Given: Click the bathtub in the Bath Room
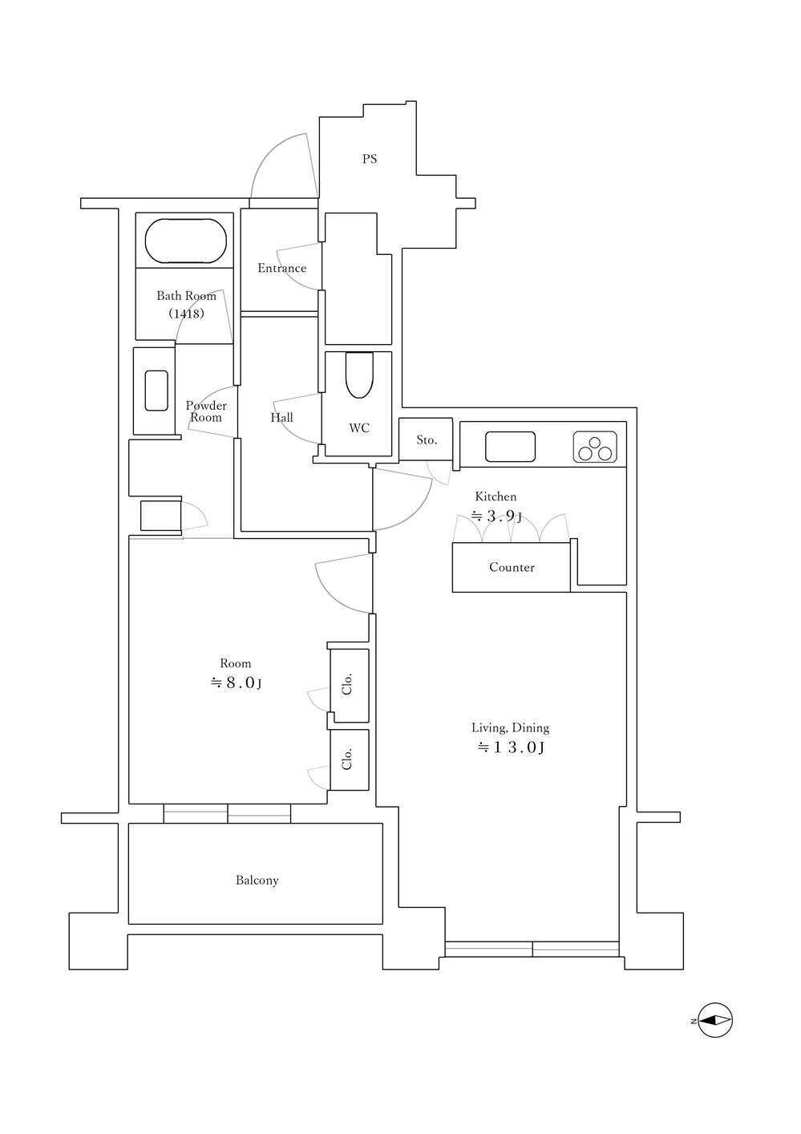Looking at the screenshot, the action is coord(186,241).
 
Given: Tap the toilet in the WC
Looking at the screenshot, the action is coord(359,375).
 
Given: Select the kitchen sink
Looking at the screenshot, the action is coord(510,447).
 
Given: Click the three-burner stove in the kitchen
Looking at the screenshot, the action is coord(595,447).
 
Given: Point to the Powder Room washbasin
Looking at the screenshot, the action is coord(156,391).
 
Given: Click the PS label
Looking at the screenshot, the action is coord(370,159).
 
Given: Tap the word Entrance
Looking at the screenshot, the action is coord(282,268).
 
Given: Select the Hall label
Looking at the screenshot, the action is coord(282,418).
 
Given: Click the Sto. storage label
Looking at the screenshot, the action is coord(427,440).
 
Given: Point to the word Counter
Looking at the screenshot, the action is coord(512,567).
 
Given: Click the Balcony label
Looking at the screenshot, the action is coord(257,881).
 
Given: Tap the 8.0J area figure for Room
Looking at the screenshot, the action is coord(236,683).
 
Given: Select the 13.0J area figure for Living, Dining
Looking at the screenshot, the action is coord(511,747).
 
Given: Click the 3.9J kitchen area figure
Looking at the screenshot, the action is coord(496,516).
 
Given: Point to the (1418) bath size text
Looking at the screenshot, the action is coord(186,314).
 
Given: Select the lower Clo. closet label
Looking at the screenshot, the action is coord(347,759).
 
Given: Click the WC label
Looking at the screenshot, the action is coord(359,428).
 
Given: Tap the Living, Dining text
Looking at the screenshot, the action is coord(510,728).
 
